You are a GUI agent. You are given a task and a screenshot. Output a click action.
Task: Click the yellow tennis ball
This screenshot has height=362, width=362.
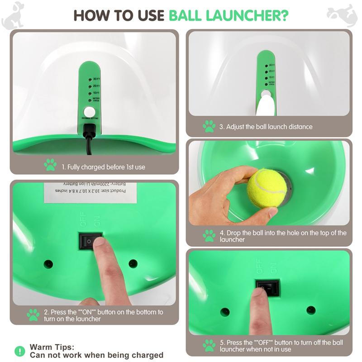(267, 187)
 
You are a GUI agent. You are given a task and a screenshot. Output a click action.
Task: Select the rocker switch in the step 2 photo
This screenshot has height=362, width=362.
(90, 241)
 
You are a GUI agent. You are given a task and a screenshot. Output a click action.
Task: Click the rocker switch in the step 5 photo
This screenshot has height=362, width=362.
(267, 288)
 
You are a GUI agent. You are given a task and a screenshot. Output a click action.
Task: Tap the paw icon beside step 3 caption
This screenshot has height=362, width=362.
(209, 126)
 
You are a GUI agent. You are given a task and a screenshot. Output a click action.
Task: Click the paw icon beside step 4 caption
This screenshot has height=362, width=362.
(209, 236)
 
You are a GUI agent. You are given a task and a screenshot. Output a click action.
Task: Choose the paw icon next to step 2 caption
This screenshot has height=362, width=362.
(33, 315)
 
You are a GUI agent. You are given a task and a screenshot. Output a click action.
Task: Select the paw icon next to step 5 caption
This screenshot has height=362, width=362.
(209, 346)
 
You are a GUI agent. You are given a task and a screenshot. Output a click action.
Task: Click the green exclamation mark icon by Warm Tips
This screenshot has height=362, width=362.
(19, 351)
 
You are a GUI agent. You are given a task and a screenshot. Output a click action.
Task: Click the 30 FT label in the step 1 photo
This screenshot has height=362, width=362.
(96, 79)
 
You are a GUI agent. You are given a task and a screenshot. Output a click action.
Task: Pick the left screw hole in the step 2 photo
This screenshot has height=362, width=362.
(48, 264)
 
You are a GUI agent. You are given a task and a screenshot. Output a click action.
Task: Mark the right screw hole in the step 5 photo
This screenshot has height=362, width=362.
(310, 310)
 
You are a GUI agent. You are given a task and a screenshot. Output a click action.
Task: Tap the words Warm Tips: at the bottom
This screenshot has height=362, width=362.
(52, 347)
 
